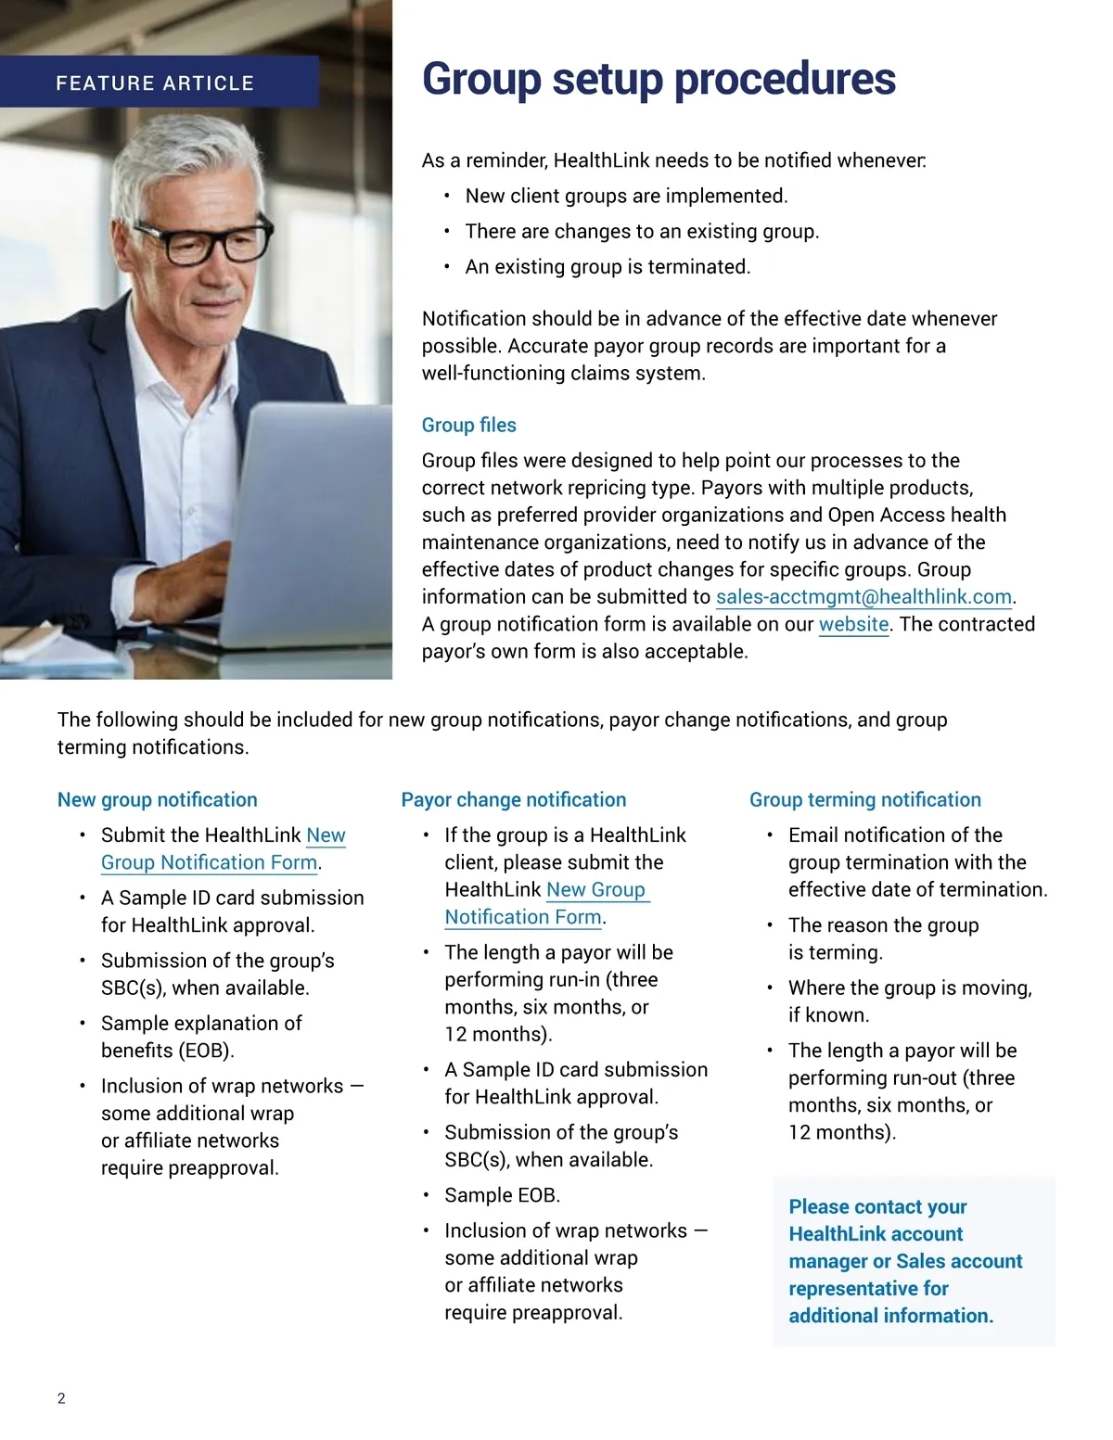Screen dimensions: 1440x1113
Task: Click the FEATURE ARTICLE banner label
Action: [155, 83]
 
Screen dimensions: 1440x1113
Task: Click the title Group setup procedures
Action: [659, 79]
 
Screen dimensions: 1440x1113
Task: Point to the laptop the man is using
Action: [306, 519]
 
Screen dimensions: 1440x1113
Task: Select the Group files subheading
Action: [468, 425]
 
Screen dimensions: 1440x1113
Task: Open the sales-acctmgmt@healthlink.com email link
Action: [864, 597]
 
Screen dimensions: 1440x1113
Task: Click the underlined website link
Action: [853, 624]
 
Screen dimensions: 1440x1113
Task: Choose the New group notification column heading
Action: [158, 799]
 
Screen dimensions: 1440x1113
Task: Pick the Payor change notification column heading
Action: [513, 799]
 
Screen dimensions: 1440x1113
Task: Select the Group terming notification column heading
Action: [864, 799]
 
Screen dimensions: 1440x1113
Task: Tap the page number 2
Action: [61, 1398]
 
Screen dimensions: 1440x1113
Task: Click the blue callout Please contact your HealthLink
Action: [905, 1260]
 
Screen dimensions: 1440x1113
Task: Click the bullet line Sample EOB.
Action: [502, 1195]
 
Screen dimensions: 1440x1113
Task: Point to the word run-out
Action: [927, 1077]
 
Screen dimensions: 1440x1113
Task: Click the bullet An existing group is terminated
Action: [608, 267]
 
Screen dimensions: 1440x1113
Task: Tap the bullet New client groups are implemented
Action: [626, 197]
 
